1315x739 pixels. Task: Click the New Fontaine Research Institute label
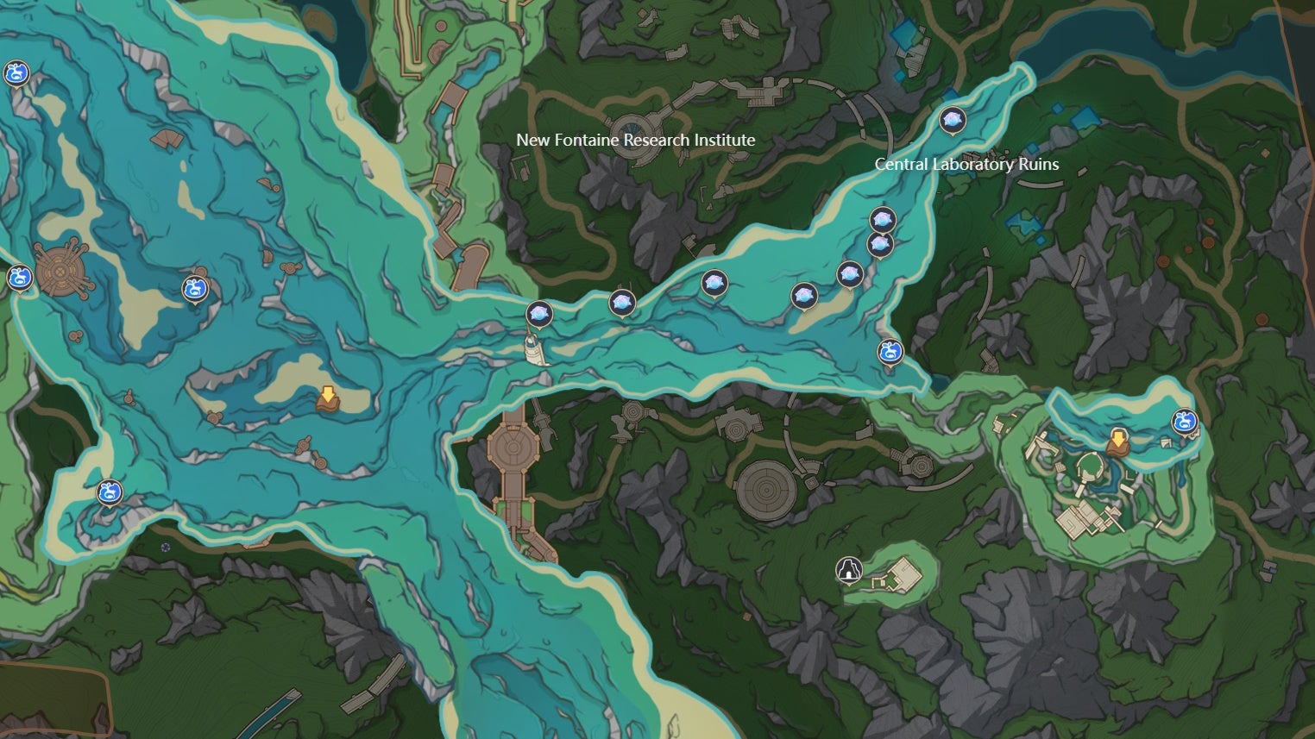pos(635,140)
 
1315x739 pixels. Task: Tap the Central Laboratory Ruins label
pos(966,164)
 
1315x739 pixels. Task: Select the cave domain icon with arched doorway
pos(849,569)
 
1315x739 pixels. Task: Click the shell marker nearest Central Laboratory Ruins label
pos(952,120)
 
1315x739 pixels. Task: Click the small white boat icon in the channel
pos(536,350)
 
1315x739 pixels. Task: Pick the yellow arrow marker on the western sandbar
pos(327,398)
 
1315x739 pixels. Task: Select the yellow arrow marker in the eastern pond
pos(1117,441)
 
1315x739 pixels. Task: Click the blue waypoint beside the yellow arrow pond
pos(1185,422)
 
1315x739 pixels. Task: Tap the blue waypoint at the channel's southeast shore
pos(890,351)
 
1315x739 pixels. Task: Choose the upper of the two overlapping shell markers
pos(881,219)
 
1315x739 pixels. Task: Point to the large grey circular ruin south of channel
pos(765,490)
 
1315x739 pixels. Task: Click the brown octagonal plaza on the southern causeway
pos(513,448)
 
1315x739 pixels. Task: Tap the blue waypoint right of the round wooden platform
pos(196,289)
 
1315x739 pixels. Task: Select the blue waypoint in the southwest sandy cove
pos(109,492)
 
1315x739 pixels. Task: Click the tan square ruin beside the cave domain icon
pos(905,573)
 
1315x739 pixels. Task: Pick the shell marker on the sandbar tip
pos(804,296)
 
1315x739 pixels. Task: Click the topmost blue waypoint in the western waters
pos(16,73)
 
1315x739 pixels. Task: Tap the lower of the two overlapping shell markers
pos(879,245)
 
